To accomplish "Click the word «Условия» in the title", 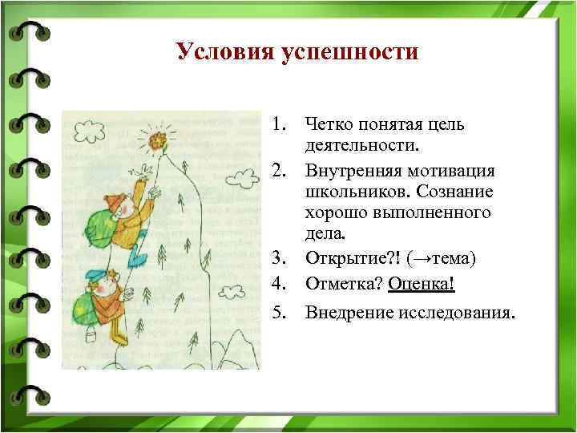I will (225, 52).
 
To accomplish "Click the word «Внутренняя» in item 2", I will (356, 172).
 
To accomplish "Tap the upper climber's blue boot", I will (139, 257).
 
